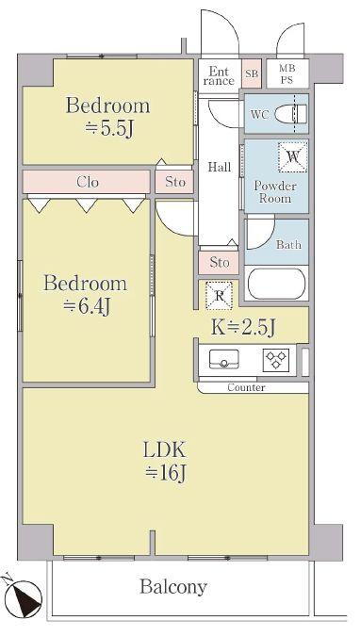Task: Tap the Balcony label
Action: click(x=173, y=586)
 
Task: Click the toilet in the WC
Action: click(x=290, y=114)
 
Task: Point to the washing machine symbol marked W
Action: click(x=293, y=156)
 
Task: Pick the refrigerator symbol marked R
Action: click(x=220, y=295)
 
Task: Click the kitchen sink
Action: click(x=224, y=359)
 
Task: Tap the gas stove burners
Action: click(x=276, y=360)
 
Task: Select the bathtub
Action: click(x=276, y=284)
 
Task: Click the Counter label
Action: click(x=246, y=387)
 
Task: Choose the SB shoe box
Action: click(x=252, y=73)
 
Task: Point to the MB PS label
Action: click(x=286, y=73)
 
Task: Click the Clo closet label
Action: click(x=88, y=182)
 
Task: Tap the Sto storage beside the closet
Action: click(x=175, y=182)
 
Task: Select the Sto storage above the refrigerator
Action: click(x=220, y=263)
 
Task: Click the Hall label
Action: click(x=220, y=167)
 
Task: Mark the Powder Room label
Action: click(x=275, y=192)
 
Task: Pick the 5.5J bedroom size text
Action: click(x=108, y=129)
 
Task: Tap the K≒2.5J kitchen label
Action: click(x=243, y=327)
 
